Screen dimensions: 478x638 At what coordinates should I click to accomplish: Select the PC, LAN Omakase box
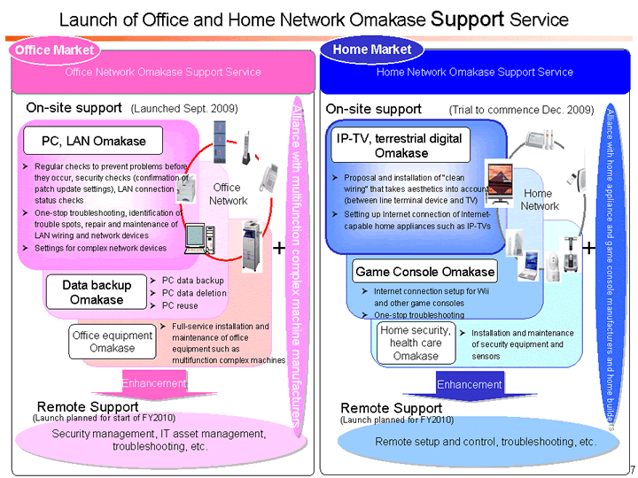click(x=94, y=141)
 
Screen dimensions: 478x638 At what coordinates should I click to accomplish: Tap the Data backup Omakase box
click(x=97, y=292)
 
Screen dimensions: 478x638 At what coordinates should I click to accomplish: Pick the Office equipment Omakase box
click(x=112, y=341)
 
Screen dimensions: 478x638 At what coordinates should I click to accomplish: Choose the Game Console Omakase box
click(x=424, y=270)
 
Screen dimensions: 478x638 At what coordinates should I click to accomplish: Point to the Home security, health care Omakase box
click(x=415, y=343)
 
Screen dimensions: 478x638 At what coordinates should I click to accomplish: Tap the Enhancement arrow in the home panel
click(x=469, y=385)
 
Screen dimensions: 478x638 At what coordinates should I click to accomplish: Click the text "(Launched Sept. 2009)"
click(x=183, y=109)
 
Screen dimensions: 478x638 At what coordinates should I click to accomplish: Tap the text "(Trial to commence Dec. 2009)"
click(x=521, y=110)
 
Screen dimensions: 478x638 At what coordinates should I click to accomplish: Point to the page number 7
click(x=631, y=467)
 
